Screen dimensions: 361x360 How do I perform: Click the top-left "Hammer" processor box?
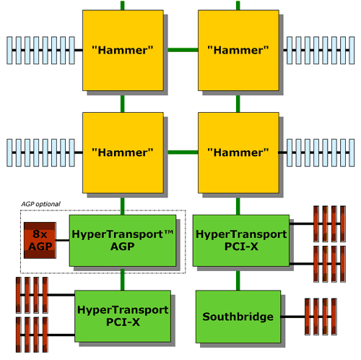pyautogui.click(x=123, y=51)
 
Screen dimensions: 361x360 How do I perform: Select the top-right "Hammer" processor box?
pyautogui.click(x=238, y=51)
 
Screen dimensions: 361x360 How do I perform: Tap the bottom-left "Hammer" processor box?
pyautogui.click(x=123, y=153)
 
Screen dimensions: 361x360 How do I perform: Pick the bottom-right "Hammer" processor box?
pyautogui.click(x=238, y=153)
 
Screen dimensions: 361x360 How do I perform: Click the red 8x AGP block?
pyautogui.click(x=40, y=240)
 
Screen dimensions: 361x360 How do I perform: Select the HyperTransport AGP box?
pyautogui.click(x=123, y=241)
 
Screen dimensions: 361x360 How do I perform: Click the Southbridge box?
pyautogui.click(x=238, y=317)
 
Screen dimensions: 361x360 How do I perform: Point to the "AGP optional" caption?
pyautogui.click(x=40, y=204)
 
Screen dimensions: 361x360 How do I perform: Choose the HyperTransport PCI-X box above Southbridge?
pyautogui.click(x=241, y=241)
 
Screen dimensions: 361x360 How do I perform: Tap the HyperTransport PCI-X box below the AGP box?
pyautogui.click(x=123, y=316)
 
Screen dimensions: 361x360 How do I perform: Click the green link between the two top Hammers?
pyautogui.click(x=183, y=50)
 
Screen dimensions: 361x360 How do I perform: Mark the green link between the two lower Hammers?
pyautogui.click(x=183, y=153)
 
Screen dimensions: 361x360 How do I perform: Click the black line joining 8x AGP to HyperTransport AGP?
pyautogui.click(x=63, y=240)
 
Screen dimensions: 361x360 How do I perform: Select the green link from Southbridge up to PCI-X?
pyautogui.click(x=238, y=280)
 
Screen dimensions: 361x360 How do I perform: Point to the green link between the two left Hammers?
pyautogui.click(x=123, y=104)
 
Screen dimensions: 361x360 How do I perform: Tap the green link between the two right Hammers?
pyautogui.click(x=238, y=104)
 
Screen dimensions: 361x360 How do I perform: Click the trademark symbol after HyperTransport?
pyautogui.click(x=169, y=232)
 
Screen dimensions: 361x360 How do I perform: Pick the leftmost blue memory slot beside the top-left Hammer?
pyautogui.click(x=9, y=51)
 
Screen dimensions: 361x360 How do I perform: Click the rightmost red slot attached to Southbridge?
pyautogui.click(x=334, y=317)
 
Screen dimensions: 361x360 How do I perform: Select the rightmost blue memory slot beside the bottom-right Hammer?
pyautogui.click(x=352, y=153)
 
